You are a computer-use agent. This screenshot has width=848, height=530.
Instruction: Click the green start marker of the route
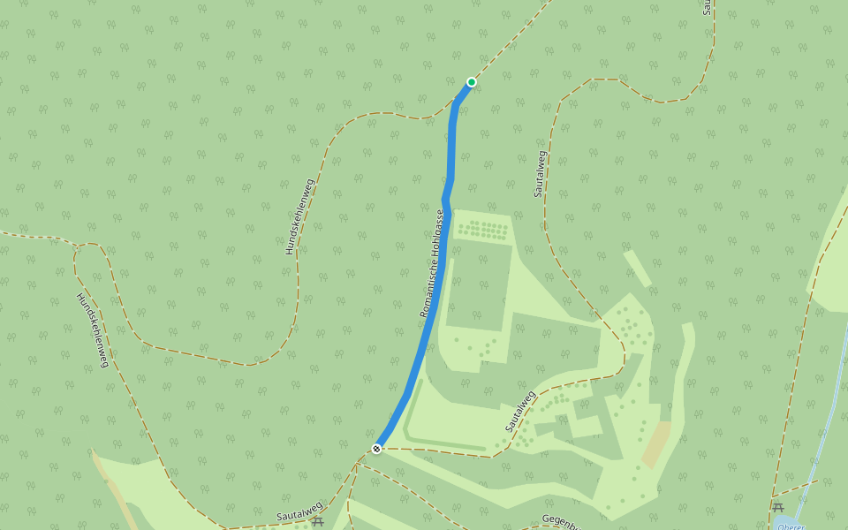tap(472, 82)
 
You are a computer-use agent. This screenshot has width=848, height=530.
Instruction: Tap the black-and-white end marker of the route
tap(376, 449)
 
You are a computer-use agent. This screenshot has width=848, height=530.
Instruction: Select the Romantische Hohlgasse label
tap(430, 264)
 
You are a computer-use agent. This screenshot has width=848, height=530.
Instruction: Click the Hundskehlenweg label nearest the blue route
tap(299, 217)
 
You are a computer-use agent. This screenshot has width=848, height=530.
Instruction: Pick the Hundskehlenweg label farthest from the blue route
tap(92, 329)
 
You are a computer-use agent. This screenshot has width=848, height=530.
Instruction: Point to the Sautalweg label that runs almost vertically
tap(539, 173)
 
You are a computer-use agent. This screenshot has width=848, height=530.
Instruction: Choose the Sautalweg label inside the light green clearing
tap(520, 411)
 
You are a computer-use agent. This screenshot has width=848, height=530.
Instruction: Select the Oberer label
tap(791, 526)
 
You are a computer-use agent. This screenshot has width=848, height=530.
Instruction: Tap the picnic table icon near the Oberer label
tap(778, 507)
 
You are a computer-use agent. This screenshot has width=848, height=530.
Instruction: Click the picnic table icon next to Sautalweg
tap(318, 521)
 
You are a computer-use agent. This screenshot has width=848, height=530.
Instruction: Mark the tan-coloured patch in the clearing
tap(655, 444)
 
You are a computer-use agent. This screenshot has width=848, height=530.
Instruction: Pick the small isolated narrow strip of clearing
tap(637, 269)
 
